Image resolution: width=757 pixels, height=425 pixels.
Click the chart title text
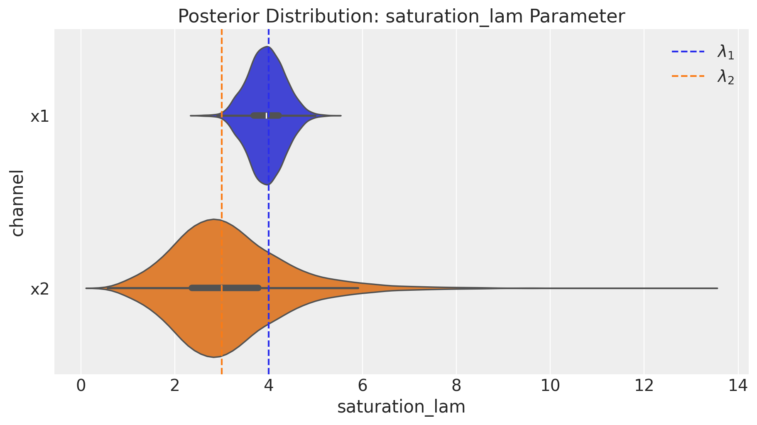tap(401, 17)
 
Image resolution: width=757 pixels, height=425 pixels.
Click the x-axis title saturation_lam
tap(401, 407)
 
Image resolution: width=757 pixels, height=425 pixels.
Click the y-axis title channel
tap(17, 203)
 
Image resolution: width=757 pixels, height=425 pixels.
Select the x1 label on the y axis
tap(40, 117)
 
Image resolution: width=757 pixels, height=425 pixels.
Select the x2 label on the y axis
tap(40, 289)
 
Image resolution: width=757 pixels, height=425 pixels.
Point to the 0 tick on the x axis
tap(81, 386)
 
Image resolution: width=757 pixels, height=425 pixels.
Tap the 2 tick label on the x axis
tap(175, 386)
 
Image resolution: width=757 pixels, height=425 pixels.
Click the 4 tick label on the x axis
tap(269, 386)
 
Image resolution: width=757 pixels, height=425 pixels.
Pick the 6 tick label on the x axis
tap(363, 386)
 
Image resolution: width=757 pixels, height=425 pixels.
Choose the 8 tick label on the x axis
tap(456, 386)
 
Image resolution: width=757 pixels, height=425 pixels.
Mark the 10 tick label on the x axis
tap(550, 386)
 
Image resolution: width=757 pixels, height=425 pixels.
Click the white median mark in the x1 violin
tap(267, 115)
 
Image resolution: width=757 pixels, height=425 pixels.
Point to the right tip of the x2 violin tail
tap(717, 288)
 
